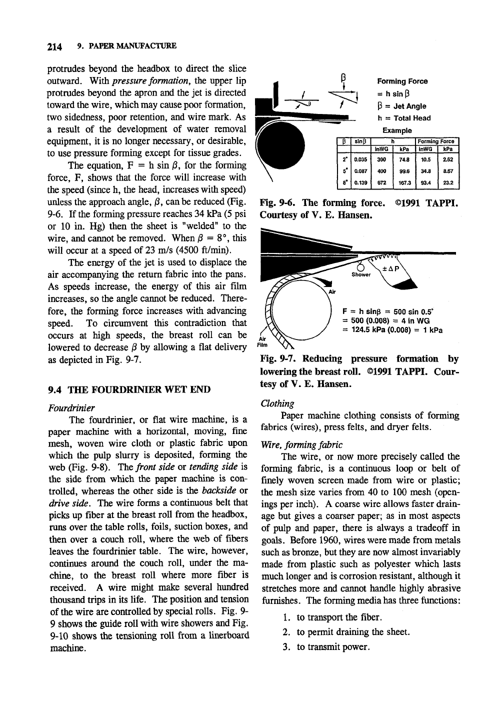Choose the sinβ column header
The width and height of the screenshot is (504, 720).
click(x=360, y=141)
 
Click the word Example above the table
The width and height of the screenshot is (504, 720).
click(x=397, y=130)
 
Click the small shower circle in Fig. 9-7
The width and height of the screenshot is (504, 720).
click(x=361, y=266)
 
